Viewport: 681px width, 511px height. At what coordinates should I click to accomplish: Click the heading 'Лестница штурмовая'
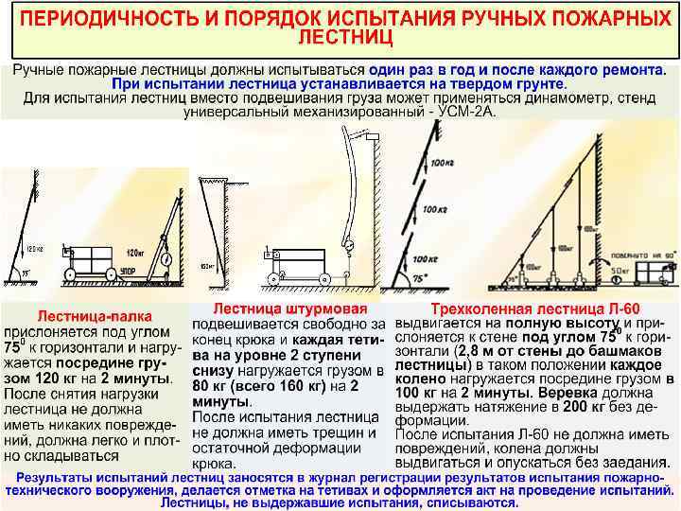click(x=286, y=308)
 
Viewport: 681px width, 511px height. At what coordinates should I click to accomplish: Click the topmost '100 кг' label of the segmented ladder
click(x=442, y=164)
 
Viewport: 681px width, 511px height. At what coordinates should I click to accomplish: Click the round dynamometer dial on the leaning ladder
click(x=166, y=256)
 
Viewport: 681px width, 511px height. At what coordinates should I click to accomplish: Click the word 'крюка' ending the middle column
click(x=214, y=464)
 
